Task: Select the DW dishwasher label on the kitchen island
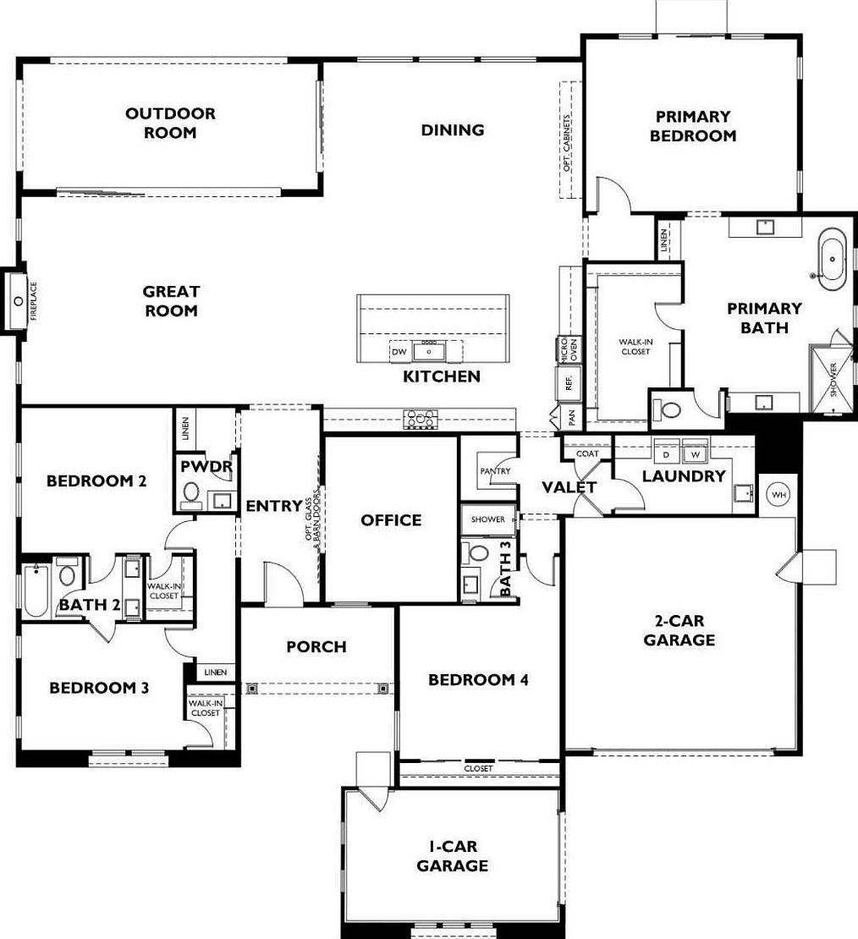tap(399, 351)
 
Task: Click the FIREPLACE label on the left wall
tap(35, 301)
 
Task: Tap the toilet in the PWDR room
tap(190, 494)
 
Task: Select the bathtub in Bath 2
tap(36, 589)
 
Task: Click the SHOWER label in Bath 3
tap(487, 519)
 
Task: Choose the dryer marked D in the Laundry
tap(667, 454)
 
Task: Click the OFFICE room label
tap(391, 520)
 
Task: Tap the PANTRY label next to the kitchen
tap(495, 470)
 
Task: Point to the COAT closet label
tap(587, 454)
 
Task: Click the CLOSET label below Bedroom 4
tap(478, 768)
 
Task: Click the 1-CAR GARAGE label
tap(452, 856)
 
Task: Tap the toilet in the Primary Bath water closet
tap(671, 410)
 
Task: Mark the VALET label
tap(569, 487)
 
